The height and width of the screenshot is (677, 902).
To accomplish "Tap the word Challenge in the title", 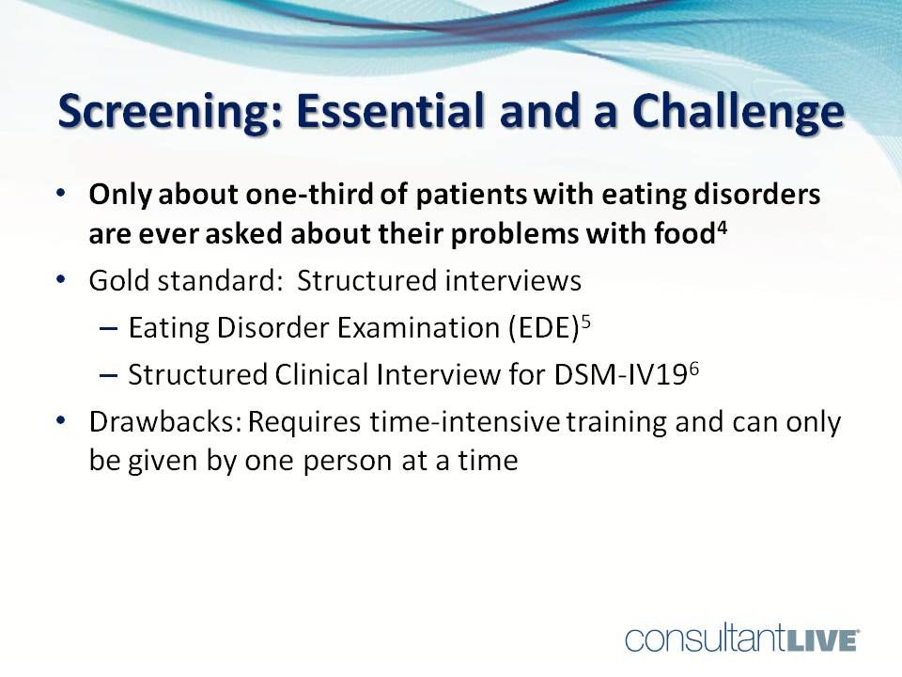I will coord(736,114).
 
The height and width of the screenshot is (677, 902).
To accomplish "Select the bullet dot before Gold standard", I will coord(61,281).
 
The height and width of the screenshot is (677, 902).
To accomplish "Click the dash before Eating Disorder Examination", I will coord(107,328).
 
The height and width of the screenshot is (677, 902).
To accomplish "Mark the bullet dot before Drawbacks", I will coord(61,422).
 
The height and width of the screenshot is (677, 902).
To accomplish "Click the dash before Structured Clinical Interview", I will coord(107,374).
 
